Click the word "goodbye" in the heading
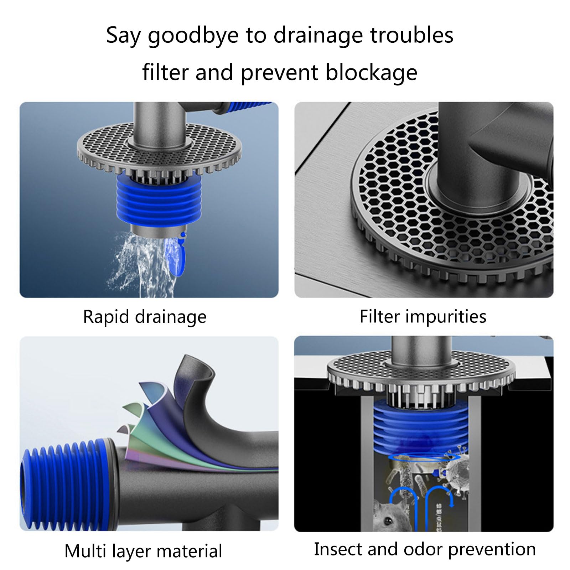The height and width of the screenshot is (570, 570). click(193, 36)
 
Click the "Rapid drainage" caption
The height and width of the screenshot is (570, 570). click(145, 317)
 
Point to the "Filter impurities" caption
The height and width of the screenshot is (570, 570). click(423, 316)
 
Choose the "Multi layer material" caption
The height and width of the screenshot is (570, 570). click(143, 551)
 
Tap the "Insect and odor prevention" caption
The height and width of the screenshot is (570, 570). click(425, 549)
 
